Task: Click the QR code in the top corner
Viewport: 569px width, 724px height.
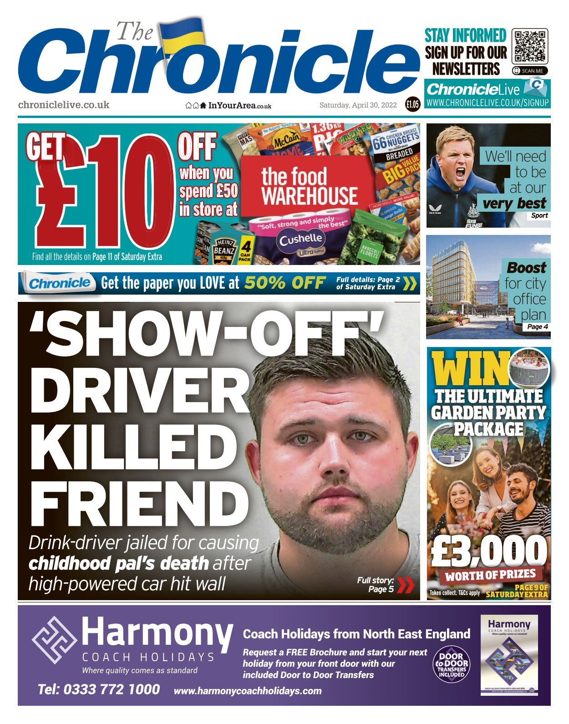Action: pyautogui.click(x=530, y=46)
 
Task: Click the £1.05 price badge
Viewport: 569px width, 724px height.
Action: pyautogui.click(x=413, y=105)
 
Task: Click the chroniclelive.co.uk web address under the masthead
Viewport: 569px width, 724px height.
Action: pyautogui.click(x=64, y=105)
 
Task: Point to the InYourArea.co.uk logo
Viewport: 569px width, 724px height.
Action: pyautogui.click(x=229, y=106)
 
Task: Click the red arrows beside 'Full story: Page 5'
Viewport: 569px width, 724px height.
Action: pyautogui.click(x=405, y=585)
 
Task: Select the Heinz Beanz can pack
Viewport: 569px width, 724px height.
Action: pyautogui.click(x=225, y=248)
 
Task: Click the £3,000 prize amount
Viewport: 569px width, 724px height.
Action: pyautogui.click(x=488, y=551)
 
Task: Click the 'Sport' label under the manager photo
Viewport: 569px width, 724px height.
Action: pyautogui.click(x=539, y=215)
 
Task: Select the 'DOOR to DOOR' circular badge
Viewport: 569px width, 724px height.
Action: pyautogui.click(x=450, y=665)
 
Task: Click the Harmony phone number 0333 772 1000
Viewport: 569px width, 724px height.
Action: pyautogui.click(x=99, y=689)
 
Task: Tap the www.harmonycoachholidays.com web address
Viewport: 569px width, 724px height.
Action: pyautogui.click(x=248, y=691)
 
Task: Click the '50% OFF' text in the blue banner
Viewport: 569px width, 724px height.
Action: pyautogui.click(x=284, y=283)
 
